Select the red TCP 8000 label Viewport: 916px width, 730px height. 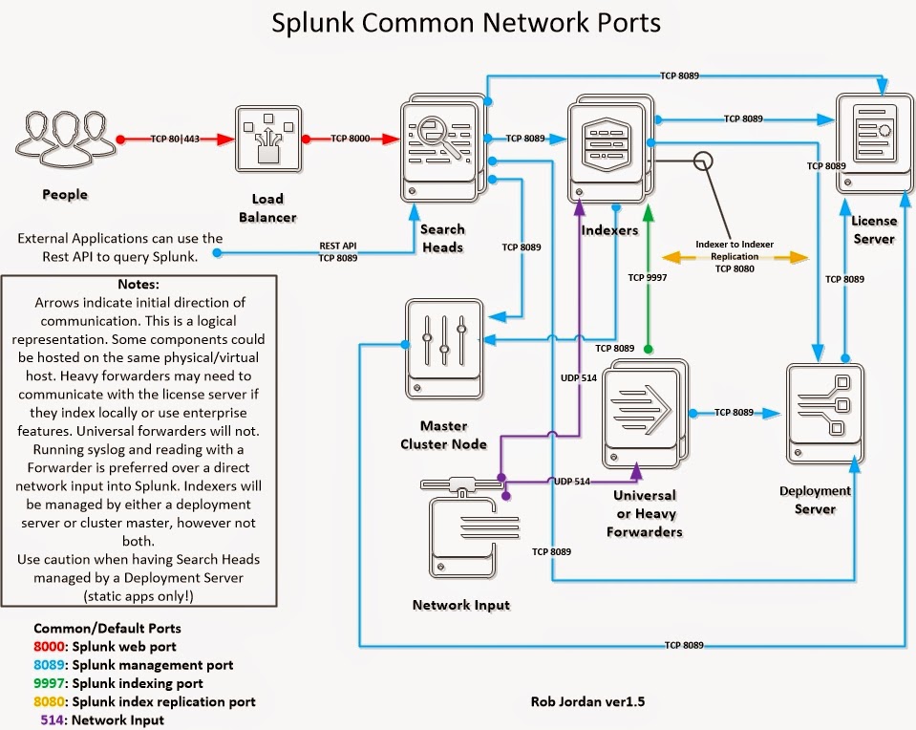click(x=351, y=139)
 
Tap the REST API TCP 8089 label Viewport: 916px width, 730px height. click(x=338, y=252)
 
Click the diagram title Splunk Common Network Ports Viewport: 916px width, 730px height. click(x=465, y=23)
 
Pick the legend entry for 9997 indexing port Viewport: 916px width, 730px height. click(x=118, y=683)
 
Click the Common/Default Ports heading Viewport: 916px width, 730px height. click(x=107, y=629)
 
